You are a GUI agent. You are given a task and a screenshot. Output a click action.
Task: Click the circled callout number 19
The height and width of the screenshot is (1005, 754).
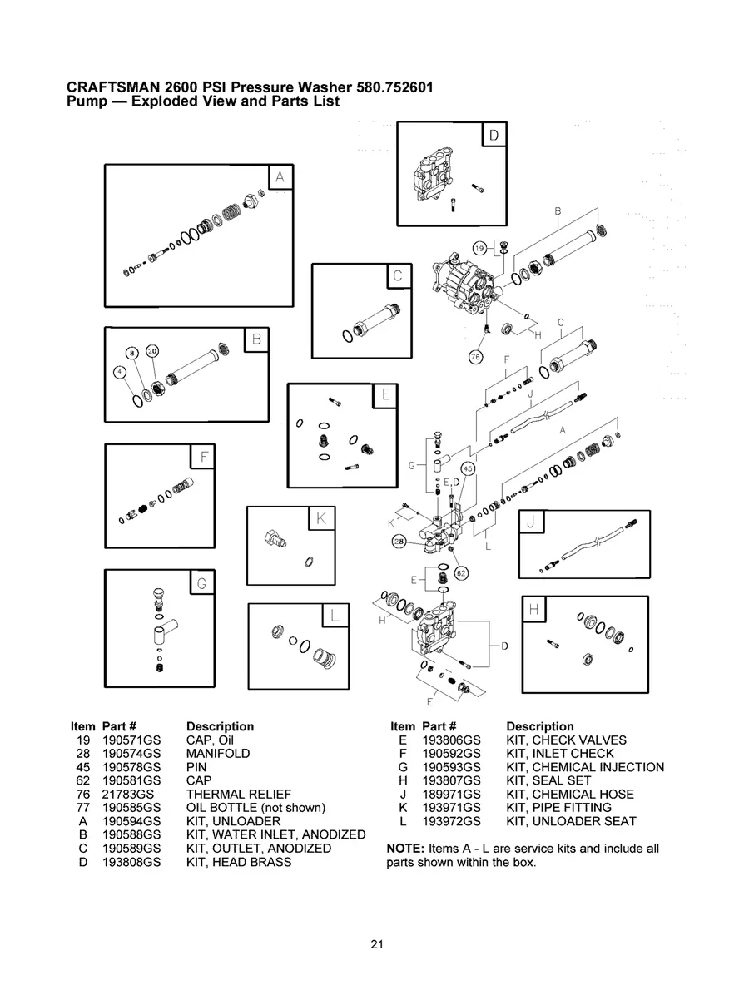pos(479,249)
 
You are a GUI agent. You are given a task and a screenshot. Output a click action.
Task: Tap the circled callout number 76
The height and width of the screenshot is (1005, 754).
pos(475,357)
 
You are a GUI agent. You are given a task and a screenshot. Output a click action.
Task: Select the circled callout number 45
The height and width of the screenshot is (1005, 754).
pos(468,469)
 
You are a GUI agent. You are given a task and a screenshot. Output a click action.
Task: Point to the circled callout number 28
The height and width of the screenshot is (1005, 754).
pos(399,542)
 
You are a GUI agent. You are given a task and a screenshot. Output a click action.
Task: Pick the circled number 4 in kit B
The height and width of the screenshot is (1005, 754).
pos(120,372)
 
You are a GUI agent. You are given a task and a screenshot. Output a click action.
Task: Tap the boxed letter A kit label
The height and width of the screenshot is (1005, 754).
pos(280,176)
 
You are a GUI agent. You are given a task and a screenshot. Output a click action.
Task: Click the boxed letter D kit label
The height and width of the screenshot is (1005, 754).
pos(493,135)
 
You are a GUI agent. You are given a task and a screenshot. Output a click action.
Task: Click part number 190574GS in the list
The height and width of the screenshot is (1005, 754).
pos(131,754)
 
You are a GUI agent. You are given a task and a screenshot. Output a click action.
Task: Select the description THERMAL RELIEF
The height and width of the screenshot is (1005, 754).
pos(239,795)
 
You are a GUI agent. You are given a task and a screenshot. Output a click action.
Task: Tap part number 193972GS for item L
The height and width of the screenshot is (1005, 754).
pos(451,821)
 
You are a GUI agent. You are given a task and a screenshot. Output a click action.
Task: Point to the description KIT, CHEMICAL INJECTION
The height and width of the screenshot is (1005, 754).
pos(584,767)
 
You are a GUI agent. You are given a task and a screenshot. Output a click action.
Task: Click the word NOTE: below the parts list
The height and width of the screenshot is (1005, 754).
pos(405,849)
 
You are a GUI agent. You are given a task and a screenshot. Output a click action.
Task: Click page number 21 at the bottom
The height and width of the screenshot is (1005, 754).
pos(377,944)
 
